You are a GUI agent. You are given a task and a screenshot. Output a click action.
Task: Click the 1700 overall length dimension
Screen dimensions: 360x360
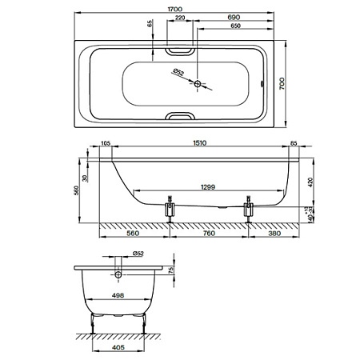(x=175, y=9)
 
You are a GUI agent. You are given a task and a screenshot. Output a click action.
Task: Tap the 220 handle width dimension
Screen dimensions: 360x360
(x=180, y=18)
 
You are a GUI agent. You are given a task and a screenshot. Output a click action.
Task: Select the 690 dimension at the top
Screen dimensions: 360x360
(x=234, y=18)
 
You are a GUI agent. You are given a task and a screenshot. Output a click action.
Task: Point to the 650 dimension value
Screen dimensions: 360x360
(x=235, y=26)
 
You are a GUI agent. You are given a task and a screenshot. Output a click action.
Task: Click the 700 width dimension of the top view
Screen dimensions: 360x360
(x=282, y=83)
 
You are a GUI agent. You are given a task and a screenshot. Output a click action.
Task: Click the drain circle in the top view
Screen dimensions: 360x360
(x=198, y=84)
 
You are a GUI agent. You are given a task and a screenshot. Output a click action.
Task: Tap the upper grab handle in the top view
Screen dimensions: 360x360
(x=180, y=50)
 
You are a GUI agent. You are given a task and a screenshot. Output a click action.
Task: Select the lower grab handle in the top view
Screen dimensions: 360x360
(x=180, y=116)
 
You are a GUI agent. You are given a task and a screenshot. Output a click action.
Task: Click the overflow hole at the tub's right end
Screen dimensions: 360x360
(x=262, y=84)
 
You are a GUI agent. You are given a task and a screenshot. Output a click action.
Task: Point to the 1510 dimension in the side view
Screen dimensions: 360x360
(x=200, y=143)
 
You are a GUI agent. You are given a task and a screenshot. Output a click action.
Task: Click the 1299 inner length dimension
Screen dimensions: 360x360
(x=208, y=187)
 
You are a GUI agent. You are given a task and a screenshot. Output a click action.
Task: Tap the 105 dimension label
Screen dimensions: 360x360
(x=106, y=143)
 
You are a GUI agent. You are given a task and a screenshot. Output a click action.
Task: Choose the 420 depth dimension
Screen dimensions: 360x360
(x=310, y=182)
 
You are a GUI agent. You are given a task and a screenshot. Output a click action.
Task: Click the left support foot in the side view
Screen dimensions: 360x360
(x=170, y=209)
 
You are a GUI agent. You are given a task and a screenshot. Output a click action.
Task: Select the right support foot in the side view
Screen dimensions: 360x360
(x=249, y=209)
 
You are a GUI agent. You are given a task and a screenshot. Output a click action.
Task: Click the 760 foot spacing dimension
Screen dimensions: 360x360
(x=209, y=234)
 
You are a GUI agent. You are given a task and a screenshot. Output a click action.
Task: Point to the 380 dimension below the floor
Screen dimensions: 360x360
(x=274, y=234)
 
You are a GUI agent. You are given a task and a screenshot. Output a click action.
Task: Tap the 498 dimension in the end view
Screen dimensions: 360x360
(x=118, y=295)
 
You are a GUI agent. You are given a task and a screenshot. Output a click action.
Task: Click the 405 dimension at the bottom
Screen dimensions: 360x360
(x=118, y=347)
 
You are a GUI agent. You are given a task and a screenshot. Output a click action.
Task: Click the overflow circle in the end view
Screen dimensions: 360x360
(x=118, y=274)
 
